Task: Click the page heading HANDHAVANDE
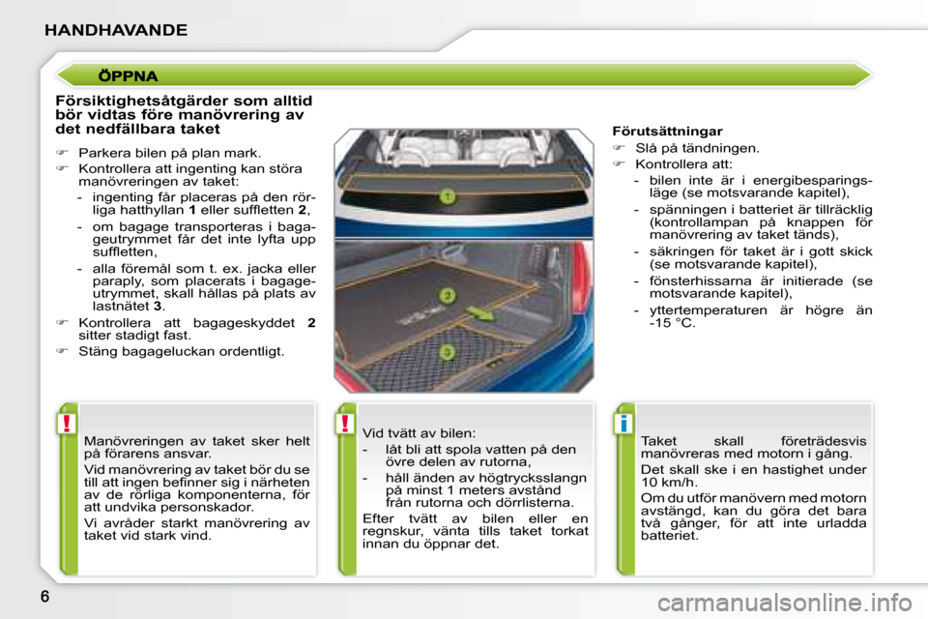click(x=116, y=30)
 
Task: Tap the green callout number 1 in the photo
click(x=447, y=196)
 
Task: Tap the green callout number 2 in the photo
click(x=448, y=294)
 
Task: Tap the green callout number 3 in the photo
click(x=448, y=353)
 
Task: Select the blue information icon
click(x=625, y=423)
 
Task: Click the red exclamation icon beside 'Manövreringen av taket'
click(x=67, y=423)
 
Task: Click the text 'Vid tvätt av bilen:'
click(x=420, y=433)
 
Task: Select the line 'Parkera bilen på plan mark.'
click(x=169, y=152)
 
